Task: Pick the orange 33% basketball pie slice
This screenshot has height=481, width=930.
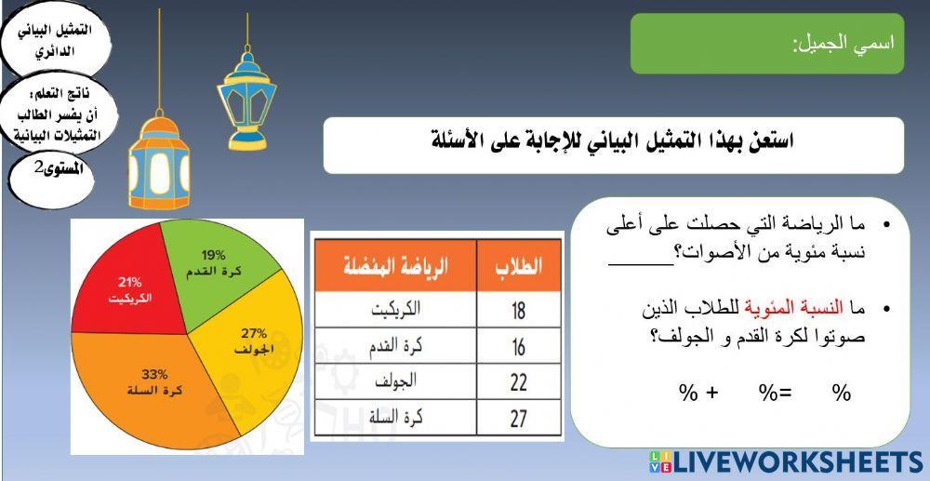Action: point(149,386)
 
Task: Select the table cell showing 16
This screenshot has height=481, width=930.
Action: point(519,346)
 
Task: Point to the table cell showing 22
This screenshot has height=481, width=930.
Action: point(519,382)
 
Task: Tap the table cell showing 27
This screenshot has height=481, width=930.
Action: point(519,419)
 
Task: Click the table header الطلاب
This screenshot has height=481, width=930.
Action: point(519,267)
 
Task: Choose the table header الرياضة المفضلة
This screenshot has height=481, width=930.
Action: point(395,267)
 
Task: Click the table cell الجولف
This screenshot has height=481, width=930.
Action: point(395,382)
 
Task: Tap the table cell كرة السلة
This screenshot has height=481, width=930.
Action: point(395,419)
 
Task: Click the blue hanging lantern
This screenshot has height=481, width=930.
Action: point(246,99)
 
